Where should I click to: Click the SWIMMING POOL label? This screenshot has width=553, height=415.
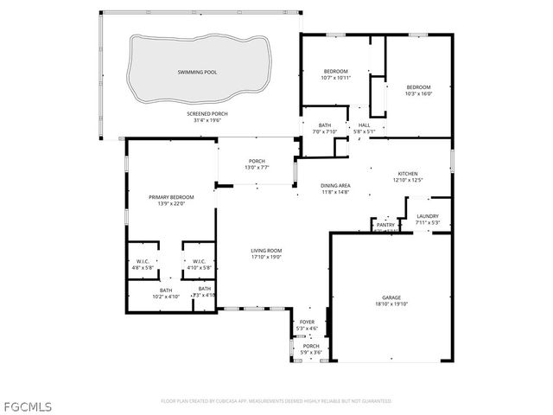point(197,72)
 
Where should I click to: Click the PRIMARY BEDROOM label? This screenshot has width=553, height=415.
point(171,197)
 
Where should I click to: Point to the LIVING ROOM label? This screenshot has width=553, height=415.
point(266,251)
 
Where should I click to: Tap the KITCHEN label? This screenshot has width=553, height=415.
point(408,173)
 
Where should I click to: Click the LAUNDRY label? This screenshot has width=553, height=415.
point(428,216)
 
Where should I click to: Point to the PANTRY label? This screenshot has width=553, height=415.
point(385,225)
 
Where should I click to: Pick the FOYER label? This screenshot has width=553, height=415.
point(307,322)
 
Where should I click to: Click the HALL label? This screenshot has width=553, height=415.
point(364,125)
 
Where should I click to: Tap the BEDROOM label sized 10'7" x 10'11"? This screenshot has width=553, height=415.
point(335,71)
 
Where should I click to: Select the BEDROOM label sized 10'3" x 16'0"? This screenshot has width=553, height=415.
point(419,86)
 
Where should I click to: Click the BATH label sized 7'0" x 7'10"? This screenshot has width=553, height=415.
point(325,125)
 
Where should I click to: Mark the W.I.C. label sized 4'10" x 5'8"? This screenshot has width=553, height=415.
point(199,261)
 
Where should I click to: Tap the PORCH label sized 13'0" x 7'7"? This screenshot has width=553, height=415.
point(257,161)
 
